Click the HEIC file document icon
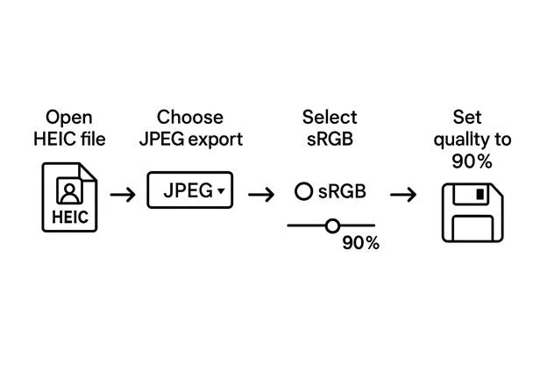(71, 201)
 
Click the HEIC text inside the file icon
(70, 217)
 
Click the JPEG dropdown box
(189, 190)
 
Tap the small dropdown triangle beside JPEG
(221, 190)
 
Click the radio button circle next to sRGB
(303, 191)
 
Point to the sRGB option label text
(342, 191)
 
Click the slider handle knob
(332, 225)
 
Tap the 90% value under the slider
(360, 244)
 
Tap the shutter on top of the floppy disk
(478, 194)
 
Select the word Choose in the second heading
(190, 118)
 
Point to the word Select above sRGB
(329, 118)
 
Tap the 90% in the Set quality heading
(472, 161)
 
